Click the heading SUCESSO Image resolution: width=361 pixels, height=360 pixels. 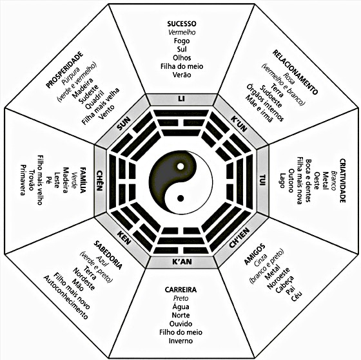tap(182, 24)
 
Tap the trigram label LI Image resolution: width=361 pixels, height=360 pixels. tap(181, 99)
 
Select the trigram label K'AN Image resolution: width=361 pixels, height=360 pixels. tap(182, 261)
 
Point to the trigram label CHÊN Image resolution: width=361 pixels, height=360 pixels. tap(100, 181)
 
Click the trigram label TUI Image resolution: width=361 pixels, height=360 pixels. tap(263, 180)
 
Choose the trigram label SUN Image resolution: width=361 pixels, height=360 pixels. tap(124, 124)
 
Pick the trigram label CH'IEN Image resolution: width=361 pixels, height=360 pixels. tap(239, 238)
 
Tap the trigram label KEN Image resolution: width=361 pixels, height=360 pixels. tap(124, 238)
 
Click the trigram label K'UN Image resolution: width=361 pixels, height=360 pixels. tap(239, 124)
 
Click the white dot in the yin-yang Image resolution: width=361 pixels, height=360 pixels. tap(180, 166)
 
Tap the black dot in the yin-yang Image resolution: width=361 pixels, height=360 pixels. tap(180, 198)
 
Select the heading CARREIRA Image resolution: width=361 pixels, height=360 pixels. tap(180, 290)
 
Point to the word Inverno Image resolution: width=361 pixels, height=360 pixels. tap(180, 341)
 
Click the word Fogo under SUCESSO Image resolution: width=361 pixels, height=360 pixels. tap(182, 41)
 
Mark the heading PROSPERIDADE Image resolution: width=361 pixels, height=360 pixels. tap(64, 70)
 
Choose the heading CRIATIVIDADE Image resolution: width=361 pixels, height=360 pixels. tap(343, 180)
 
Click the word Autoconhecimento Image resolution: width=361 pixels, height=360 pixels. tap(66, 298)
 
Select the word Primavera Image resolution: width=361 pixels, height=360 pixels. tap(23, 180)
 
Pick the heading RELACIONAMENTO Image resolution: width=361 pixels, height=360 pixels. tap(295, 72)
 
